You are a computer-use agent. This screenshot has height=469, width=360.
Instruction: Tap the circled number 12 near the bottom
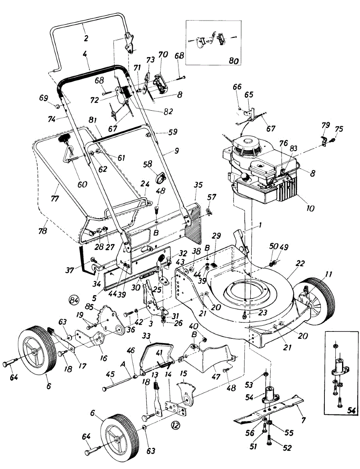pos(175,425)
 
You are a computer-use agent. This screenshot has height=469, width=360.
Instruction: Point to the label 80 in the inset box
pos(233,61)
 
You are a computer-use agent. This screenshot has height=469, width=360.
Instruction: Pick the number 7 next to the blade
pos(303,421)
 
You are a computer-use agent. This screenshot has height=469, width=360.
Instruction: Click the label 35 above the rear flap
pos(198,185)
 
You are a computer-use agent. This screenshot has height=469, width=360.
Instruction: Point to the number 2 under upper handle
pos(86,38)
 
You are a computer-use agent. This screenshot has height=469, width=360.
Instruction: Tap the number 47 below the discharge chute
pos(216,377)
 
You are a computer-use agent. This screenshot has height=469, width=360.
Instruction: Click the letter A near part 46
pos(123,364)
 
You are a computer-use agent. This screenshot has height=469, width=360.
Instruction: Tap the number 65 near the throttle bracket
pos(249,95)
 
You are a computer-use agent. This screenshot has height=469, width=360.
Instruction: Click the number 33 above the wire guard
pos(146,336)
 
